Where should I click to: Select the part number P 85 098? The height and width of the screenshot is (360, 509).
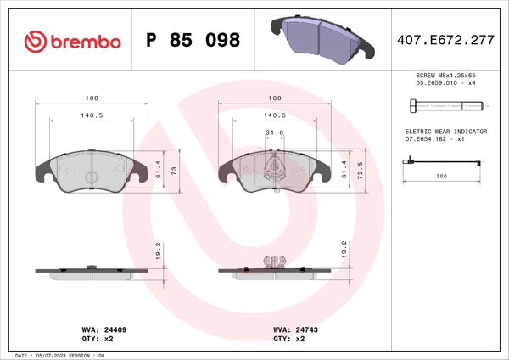coord(193,41)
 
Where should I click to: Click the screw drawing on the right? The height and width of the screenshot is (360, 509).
coord(445,106)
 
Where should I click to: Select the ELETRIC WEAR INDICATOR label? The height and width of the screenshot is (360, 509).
coord(445,132)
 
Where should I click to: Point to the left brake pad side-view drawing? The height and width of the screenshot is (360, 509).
coord(92,273)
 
